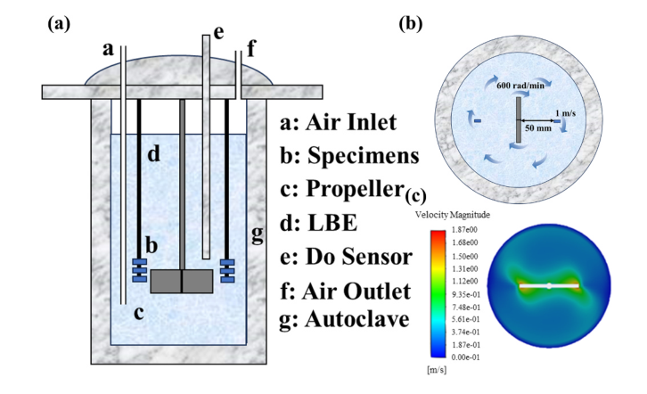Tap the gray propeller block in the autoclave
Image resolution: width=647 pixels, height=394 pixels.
182,281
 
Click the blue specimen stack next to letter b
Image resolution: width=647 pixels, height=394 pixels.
138,268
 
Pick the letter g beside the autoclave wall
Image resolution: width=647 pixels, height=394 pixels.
258,234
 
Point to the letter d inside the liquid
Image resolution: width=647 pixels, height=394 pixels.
152,156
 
